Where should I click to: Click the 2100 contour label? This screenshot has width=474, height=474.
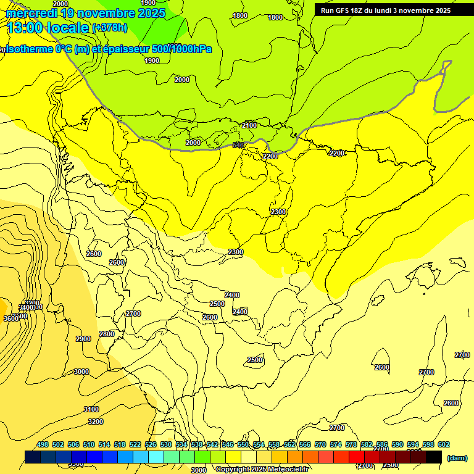click(x=249, y=125)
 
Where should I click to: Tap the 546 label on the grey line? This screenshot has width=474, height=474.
click(x=238, y=145)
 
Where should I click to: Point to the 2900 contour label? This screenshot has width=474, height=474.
click(x=83, y=339)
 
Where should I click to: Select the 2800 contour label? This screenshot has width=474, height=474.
click(x=107, y=334)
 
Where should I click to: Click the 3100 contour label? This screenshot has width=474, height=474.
click(x=91, y=409)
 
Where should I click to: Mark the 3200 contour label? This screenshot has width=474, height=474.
click(x=96, y=422)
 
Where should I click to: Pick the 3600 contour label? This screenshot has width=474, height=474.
click(x=10, y=318)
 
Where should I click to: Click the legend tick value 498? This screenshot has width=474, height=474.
click(x=43, y=444)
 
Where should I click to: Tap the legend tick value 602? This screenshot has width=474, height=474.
click(x=444, y=444)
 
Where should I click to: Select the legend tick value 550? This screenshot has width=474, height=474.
click(x=243, y=444)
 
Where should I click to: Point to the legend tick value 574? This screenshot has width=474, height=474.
click(x=336, y=444)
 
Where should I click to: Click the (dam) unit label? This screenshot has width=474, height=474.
click(x=457, y=458)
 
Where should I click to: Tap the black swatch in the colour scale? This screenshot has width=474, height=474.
click(x=434, y=457)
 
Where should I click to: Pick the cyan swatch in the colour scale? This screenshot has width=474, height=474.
click(x=156, y=457)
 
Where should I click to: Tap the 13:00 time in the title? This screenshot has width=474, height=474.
click(x=26, y=28)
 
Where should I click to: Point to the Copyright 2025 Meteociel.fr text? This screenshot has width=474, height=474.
click(x=262, y=470)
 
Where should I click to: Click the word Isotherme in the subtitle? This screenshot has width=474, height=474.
click(x=28, y=49)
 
